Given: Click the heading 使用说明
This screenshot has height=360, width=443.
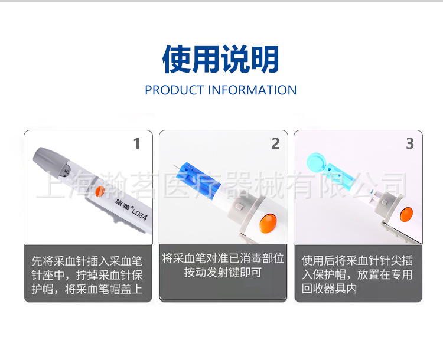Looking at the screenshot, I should click(x=221, y=59).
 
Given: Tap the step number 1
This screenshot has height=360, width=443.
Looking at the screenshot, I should click(x=137, y=143).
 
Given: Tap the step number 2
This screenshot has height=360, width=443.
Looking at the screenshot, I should click(x=275, y=143).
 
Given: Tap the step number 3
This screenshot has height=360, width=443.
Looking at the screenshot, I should click(x=410, y=143).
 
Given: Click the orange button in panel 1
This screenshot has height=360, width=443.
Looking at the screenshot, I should click(x=98, y=191).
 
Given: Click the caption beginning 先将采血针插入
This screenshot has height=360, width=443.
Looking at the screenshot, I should click(x=87, y=275).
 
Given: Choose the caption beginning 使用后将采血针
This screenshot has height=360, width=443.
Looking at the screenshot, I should click(x=357, y=275).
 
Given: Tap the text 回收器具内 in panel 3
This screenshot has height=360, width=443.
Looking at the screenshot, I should click(x=329, y=290).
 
